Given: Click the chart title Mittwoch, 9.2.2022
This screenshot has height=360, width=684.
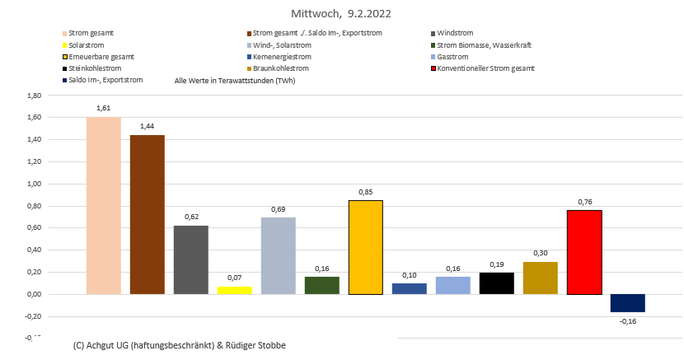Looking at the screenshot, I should pyautogui.click(x=341, y=14).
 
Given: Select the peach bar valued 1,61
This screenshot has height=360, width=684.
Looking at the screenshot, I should pyautogui.click(x=104, y=205).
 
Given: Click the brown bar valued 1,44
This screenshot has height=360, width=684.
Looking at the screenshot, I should pyautogui.click(x=147, y=214).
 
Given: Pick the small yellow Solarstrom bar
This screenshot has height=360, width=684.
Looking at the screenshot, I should pyautogui.click(x=234, y=290).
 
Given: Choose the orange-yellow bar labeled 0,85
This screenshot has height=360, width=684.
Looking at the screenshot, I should pyautogui.click(x=365, y=247).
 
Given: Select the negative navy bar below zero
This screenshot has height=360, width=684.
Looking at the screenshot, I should pyautogui.click(x=628, y=303).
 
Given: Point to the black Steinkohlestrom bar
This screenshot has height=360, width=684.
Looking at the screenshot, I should pyautogui.click(x=497, y=283).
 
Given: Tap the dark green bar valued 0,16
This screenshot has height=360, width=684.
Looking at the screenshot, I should pyautogui.click(x=321, y=285).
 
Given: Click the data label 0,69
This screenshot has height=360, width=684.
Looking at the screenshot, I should pyautogui.click(x=278, y=210).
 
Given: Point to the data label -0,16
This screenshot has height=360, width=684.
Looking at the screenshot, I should pyautogui.click(x=628, y=320).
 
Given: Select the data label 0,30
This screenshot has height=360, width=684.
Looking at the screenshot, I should pyautogui.click(x=541, y=255).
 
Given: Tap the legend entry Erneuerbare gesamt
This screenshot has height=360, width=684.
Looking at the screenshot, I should pyautogui.click(x=101, y=57).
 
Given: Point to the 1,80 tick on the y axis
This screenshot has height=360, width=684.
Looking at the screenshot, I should pyautogui.click(x=35, y=96).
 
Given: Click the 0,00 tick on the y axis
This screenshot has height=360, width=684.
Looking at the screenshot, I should pyautogui.click(x=35, y=294).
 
